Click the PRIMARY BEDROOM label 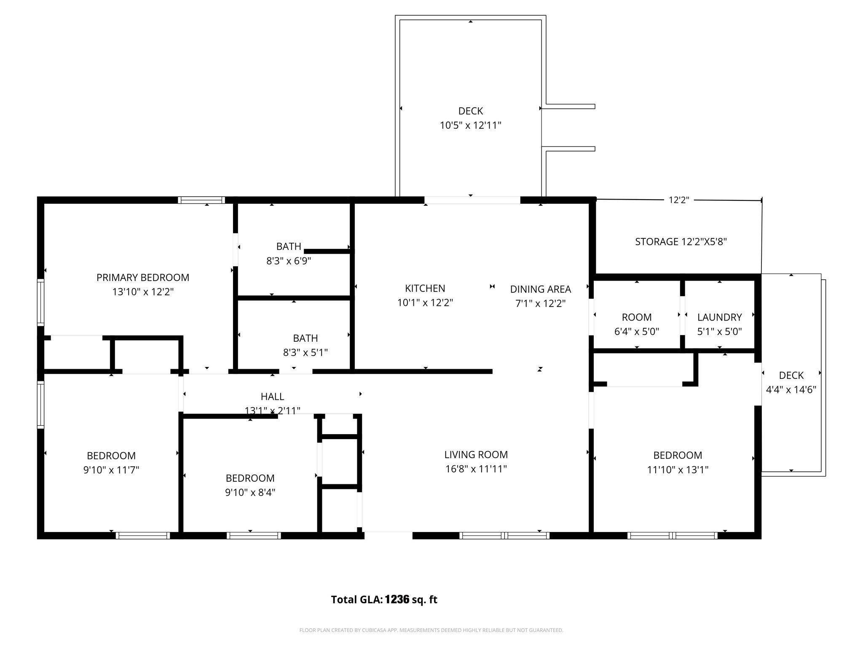(143, 278)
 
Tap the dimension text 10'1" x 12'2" (425, 303)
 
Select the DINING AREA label (540, 289)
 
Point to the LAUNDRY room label (719, 317)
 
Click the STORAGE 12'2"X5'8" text (681, 242)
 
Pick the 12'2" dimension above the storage (678, 200)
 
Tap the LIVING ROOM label (476, 455)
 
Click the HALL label (272, 397)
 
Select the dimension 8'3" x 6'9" (289, 261)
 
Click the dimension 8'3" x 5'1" (305, 353)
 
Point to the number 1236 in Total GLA (397, 599)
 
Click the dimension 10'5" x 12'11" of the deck (470, 126)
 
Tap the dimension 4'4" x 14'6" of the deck (791, 390)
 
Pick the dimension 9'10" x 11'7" (111, 470)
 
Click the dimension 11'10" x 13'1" (678, 470)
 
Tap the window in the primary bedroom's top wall (201, 200)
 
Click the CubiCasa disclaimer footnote (431, 630)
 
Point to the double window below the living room (504, 536)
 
